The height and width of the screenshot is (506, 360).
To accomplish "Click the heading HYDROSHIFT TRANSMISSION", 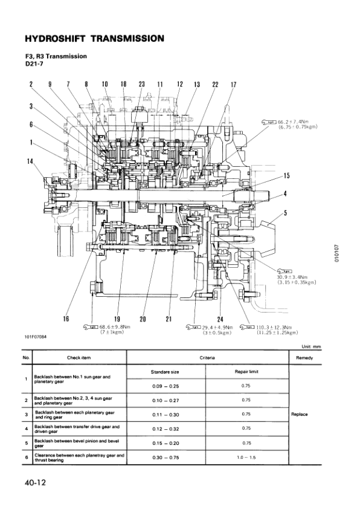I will tap(94, 39).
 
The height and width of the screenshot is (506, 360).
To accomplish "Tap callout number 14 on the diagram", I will tap(30, 161).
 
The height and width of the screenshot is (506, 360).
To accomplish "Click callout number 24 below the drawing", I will tap(220, 319).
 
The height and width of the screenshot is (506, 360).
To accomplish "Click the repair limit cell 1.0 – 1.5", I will tap(245, 458).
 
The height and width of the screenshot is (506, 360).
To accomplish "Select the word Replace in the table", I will tap(300, 415).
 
